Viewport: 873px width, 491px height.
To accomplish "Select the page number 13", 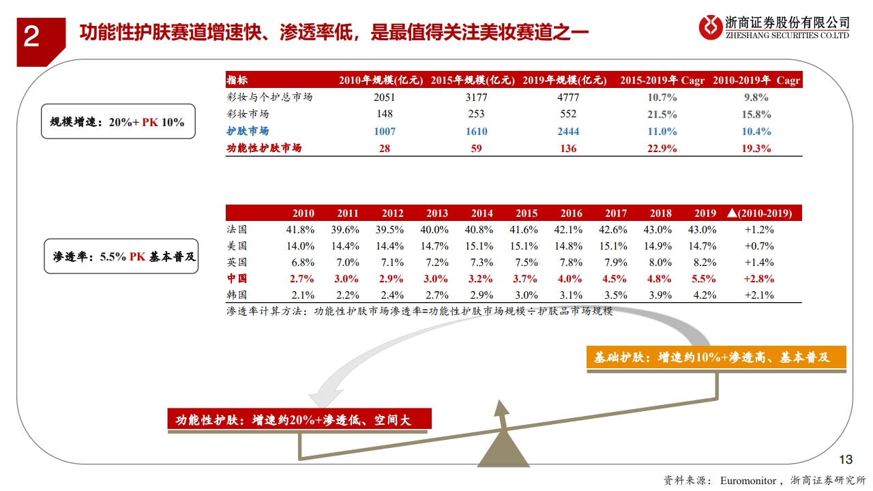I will coord(845,458).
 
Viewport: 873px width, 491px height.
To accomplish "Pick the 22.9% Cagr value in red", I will coord(658,148).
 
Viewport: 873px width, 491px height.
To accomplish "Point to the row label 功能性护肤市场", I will coord(264,148).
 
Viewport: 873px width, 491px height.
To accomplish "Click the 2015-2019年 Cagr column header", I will coord(662,80).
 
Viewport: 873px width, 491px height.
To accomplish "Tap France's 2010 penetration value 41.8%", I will coord(300,230).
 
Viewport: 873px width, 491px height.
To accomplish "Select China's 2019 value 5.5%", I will coord(705,279).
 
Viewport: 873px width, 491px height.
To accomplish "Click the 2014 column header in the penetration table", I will coord(482,213).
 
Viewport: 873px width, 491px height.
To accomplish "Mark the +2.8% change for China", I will coord(759,279).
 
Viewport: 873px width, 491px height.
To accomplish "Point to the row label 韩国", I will coord(237,295).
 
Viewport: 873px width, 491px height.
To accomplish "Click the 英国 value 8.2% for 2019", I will coord(705,263).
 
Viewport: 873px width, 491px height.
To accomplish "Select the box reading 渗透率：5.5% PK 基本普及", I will coord(121,257).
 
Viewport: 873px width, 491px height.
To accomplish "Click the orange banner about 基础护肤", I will coord(716,358).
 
